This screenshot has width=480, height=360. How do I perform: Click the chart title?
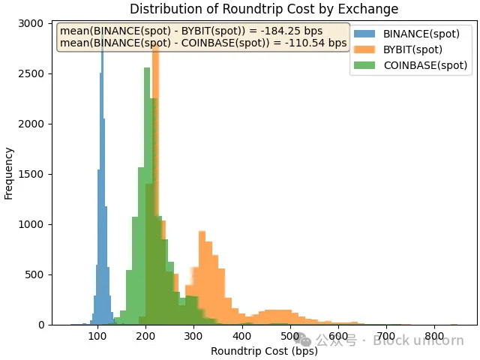point(264,9)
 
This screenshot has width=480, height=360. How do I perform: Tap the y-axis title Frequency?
point(9,173)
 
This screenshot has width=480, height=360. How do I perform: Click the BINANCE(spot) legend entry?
point(421,34)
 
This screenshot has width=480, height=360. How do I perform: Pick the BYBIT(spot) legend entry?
point(412,49)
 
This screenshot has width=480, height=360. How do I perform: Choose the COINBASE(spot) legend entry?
point(424,65)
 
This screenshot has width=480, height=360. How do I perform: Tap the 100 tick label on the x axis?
point(97,337)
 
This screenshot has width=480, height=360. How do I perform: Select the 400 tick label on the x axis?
point(241,337)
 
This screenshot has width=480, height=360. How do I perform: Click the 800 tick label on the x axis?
point(434,337)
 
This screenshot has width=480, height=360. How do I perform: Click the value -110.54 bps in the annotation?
point(321,43)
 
